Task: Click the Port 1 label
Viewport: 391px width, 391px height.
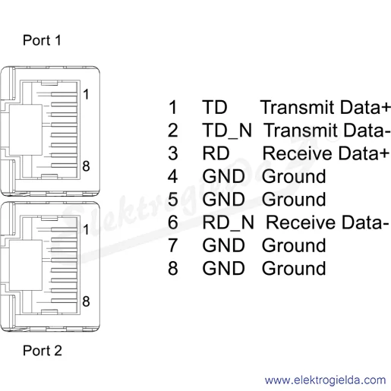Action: click(x=42, y=40)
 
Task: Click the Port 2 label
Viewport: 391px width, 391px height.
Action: click(x=43, y=351)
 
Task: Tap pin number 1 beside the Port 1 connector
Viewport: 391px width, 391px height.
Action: click(x=86, y=94)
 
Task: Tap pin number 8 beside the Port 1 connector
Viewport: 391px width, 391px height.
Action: click(x=86, y=166)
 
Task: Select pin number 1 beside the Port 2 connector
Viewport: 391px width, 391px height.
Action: click(x=86, y=229)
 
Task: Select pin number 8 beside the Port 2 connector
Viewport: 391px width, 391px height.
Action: click(x=86, y=301)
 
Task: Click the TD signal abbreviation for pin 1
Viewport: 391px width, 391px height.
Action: click(x=215, y=107)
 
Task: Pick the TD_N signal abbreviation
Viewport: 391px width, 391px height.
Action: click(x=227, y=131)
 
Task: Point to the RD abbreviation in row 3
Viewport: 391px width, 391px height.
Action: click(x=216, y=153)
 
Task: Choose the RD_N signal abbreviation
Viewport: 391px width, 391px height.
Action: click(x=228, y=222)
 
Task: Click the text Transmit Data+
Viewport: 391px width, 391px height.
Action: click(x=326, y=107)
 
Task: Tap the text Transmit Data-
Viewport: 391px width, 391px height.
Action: click(x=326, y=131)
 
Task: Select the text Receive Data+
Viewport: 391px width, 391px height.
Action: click(x=326, y=153)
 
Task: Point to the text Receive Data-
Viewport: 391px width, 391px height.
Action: click(x=327, y=222)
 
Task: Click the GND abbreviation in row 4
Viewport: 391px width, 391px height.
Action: click(x=223, y=176)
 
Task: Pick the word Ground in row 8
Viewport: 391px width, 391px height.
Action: click(x=294, y=269)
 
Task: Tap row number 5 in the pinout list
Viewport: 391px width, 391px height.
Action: click(x=173, y=200)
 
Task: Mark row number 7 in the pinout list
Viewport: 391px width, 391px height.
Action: click(x=173, y=245)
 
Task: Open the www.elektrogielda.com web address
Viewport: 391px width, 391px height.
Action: click(x=325, y=380)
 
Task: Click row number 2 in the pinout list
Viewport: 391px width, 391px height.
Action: click(x=173, y=131)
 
